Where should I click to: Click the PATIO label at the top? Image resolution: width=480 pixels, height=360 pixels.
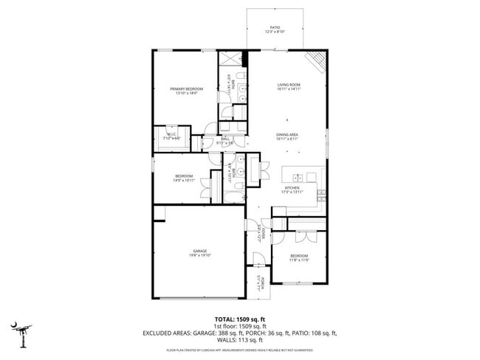pyautogui.click(x=275, y=27)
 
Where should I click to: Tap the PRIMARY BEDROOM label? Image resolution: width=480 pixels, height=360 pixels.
pyautogui.click(x=186, y=89)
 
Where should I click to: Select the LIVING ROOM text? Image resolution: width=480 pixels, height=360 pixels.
pyautogui.click(x=288, y=84)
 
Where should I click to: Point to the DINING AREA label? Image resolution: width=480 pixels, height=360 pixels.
pyautogui.click(x=287, y=134)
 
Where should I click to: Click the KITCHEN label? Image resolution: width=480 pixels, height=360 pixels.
pyautogui.click(x=292, y=187)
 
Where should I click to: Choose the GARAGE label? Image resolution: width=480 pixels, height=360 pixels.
pyautogui.click(x=199, y=251)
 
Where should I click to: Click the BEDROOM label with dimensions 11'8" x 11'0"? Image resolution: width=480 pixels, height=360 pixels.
pyautogui.click(x=299, y=255)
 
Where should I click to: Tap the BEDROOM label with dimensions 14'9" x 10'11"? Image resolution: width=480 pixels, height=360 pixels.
pyautogui.click(x=184, y=176)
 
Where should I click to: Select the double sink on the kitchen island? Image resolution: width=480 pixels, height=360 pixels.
pyautogui.click(x=298, y=177)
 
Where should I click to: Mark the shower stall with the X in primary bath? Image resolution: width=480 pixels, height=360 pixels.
pyautogui.click(x=231, y=60)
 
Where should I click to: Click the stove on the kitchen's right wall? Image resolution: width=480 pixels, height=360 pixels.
pyautogui.click(x=321, y=193)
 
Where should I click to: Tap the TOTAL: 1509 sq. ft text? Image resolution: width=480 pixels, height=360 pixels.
pyautogui.click(x=240, y=318)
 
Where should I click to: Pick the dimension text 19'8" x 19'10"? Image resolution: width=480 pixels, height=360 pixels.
pyautogui.click(x=199, y=255)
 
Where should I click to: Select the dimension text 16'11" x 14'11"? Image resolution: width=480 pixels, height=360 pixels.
pyautogui.click(x=288, y=89)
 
